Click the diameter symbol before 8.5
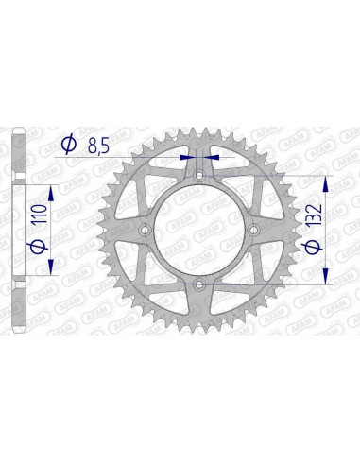69,145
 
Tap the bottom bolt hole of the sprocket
198,284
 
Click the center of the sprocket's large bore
198,230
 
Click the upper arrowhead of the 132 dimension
326,181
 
